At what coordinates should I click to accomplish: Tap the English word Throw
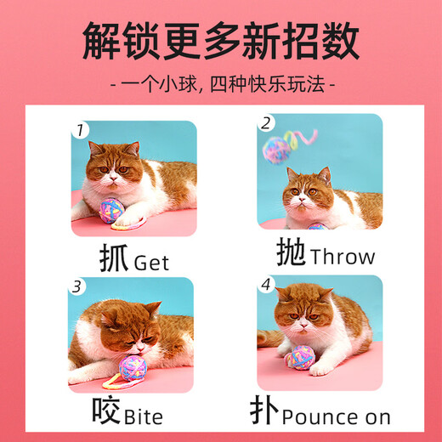click(343, 256)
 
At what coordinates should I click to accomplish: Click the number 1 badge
click(80, 131)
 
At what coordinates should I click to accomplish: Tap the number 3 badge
click(78, 286)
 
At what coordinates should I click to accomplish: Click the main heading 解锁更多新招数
click(220, 41)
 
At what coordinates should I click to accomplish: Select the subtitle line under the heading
click(221, 85)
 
